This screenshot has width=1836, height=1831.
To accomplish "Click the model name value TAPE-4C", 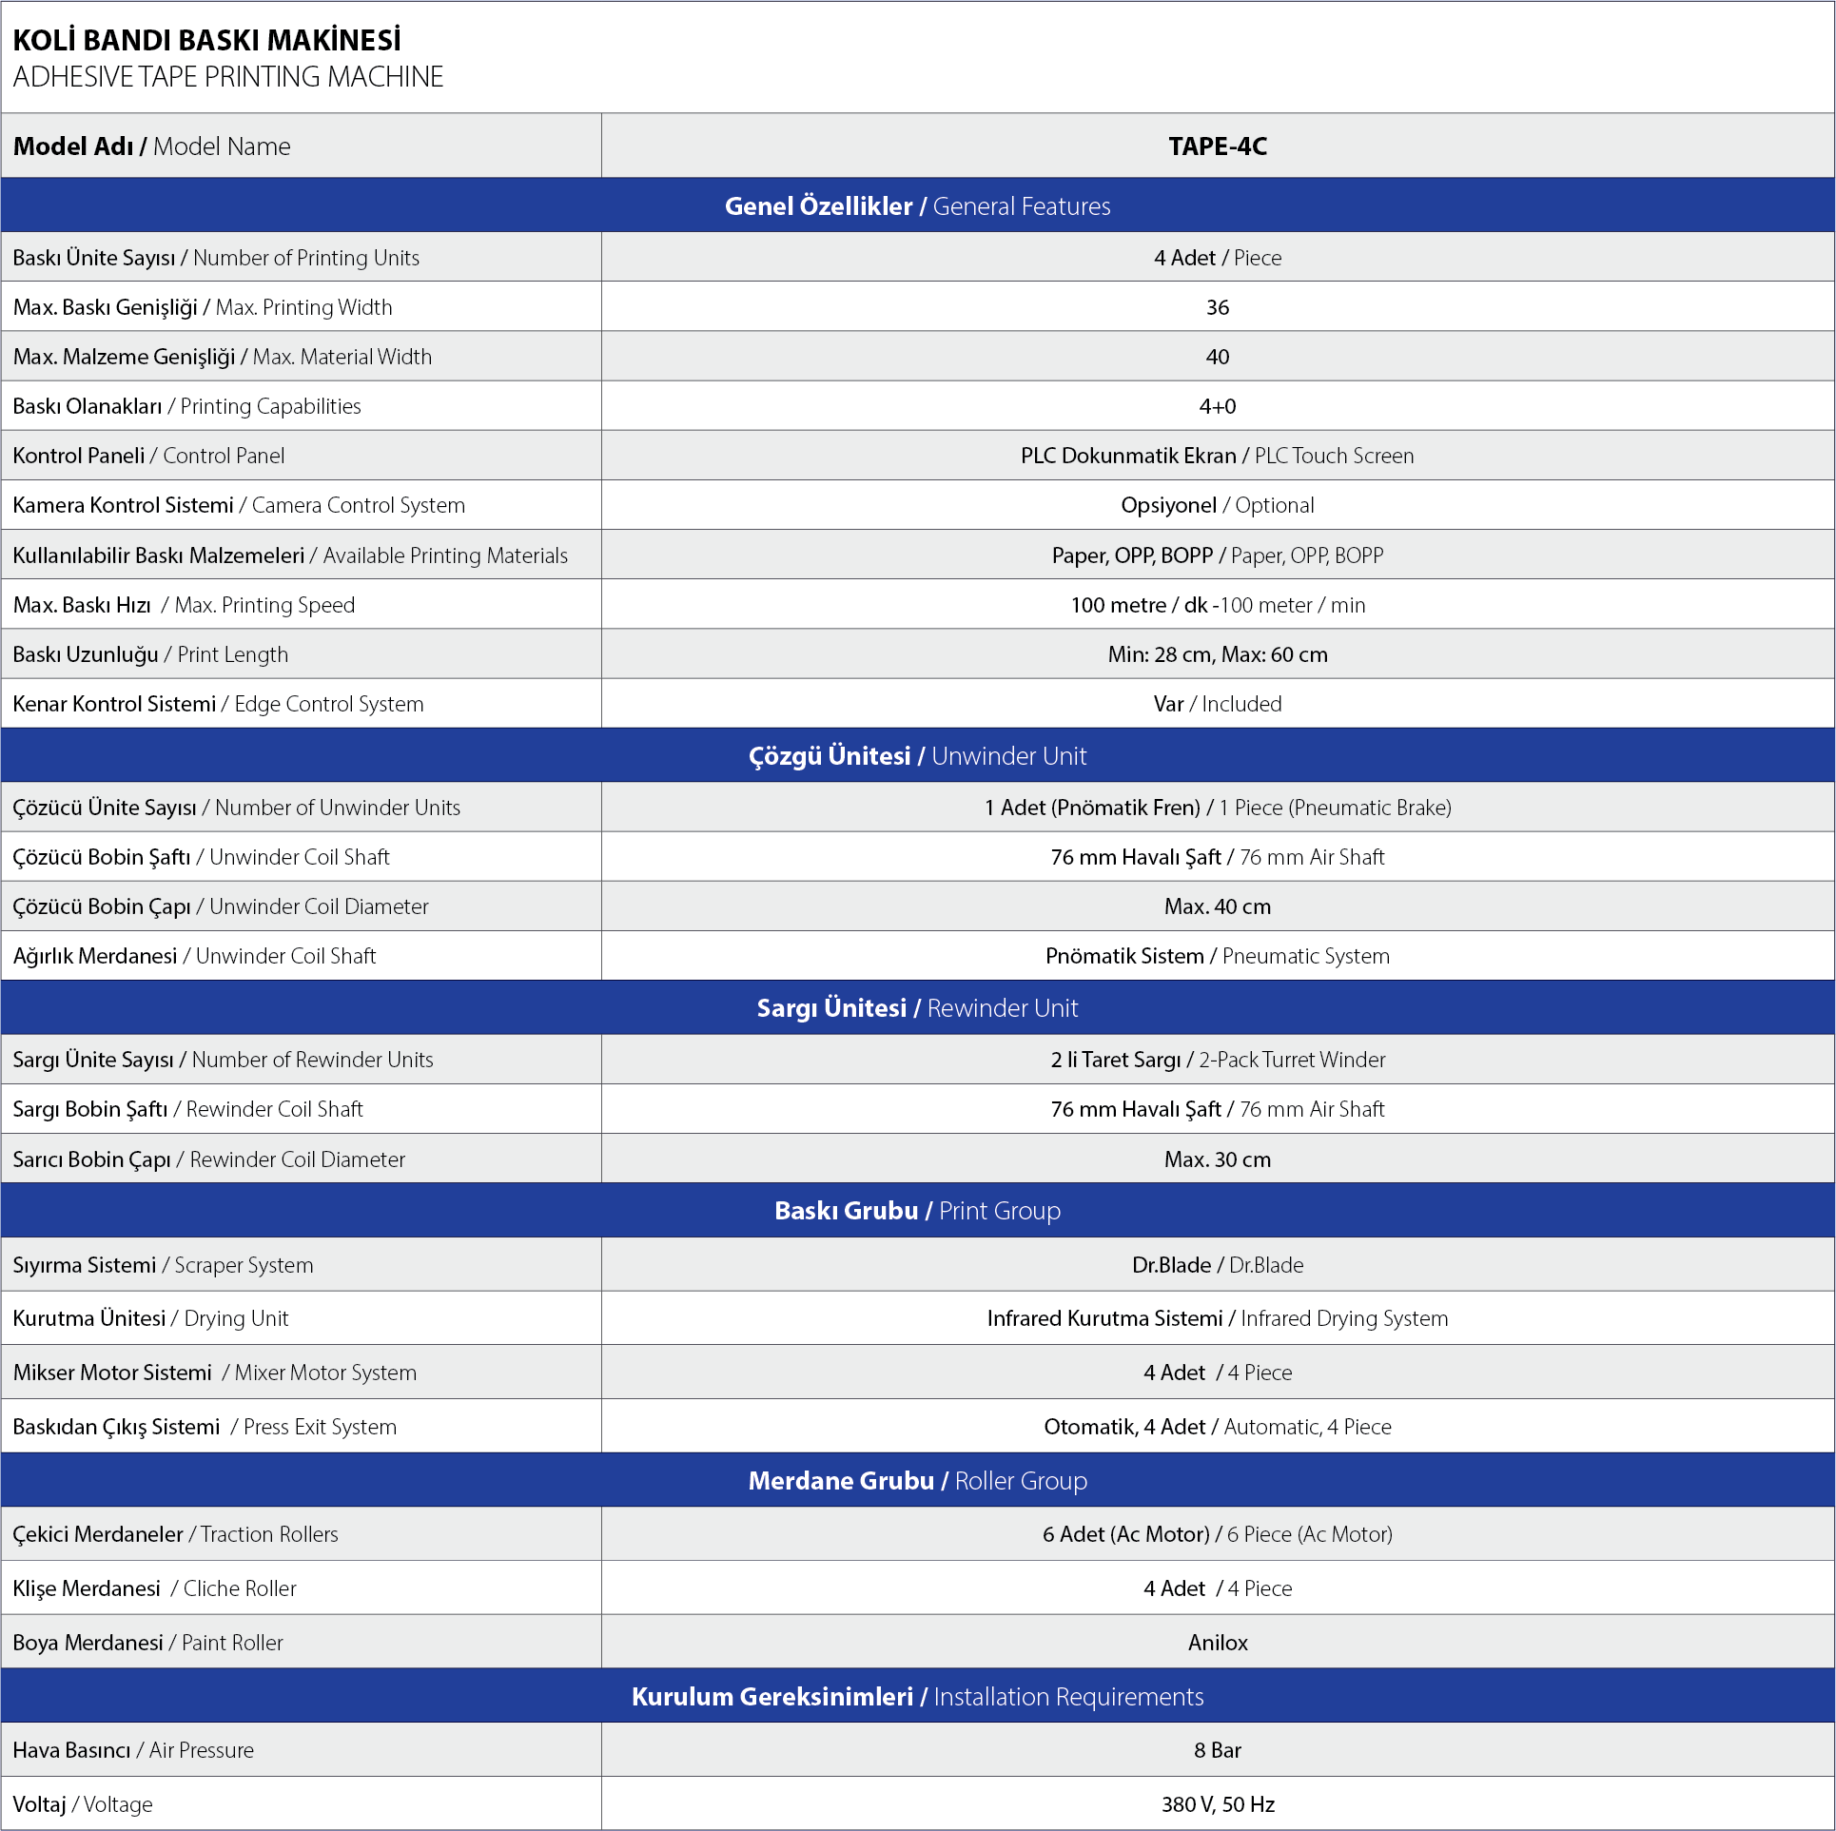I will [x=1218, y=146].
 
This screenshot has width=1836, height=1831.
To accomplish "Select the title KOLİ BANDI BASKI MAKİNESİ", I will [x=206, y=41].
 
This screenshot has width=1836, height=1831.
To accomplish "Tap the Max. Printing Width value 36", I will [x=1218, y=307].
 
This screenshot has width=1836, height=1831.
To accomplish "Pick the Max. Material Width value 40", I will [x=1218, y=357].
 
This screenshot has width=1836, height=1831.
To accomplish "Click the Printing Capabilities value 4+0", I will [x=1218, y=406].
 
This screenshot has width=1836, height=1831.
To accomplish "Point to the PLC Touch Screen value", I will [x=1218, y=456].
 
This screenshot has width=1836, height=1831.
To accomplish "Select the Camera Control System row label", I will [x=239, y=505].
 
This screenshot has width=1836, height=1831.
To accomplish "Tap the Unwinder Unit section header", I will [x=917, y=756].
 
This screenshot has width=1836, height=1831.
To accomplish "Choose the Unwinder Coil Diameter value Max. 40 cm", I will [x=1218, y=906].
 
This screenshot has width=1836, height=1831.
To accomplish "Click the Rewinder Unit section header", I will [x=917, y=1008].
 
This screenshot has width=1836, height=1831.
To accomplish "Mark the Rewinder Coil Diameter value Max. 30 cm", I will [x=1218, y=1159].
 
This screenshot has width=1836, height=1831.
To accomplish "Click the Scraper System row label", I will [x=163, y=1265].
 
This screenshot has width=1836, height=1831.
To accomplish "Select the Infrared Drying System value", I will [x=1218, y=1318].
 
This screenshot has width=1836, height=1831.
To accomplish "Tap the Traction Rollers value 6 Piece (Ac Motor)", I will [x=1218, y=1534].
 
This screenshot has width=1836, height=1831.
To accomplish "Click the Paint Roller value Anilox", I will [x=1218, y=1643].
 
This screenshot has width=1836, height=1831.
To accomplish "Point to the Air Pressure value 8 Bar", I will [x=1218, y=1750].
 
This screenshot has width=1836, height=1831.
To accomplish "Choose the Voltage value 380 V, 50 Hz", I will [x=1218, y=1804].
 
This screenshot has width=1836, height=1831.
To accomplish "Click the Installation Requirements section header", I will [x=917, y=1697].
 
